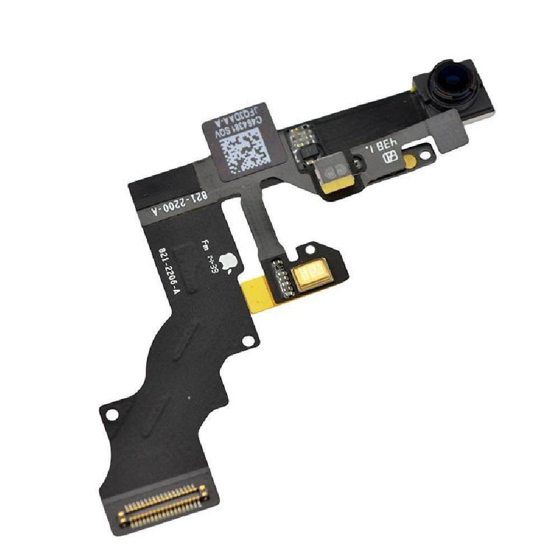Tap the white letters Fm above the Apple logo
point(205,245)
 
